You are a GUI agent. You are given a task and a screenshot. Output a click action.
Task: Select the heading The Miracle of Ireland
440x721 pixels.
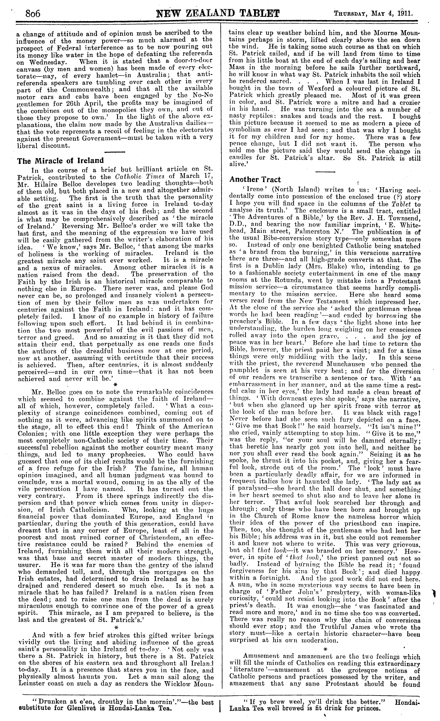tap(60, 161)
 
